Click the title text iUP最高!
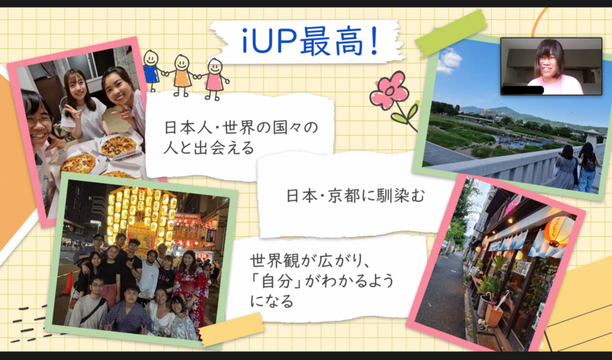coord(310,41)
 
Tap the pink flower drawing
coord(389,90)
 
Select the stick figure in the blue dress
coord(151,70)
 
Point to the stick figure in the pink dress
coord(214,79)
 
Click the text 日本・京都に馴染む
coord(356,196)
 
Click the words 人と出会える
coord(209,148)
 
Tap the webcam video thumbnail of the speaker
coord(551,66)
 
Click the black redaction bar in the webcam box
coord(522,90)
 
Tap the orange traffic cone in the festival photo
coord(68,283)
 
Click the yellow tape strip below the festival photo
coord(231,329)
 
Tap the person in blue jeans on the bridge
coord(589,167)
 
